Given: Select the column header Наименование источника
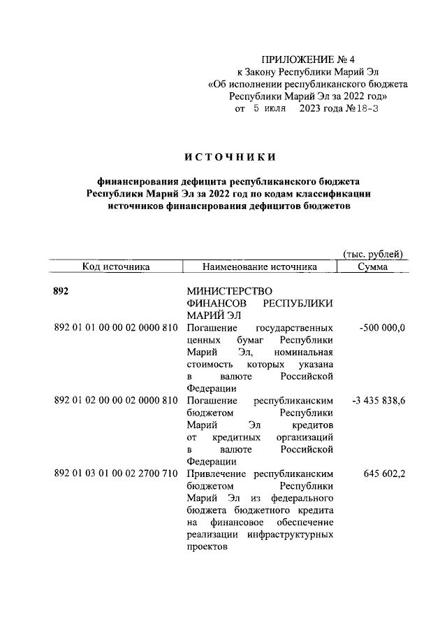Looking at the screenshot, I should click(x=259, y=266).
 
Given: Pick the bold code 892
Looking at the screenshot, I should click(x=63, y=291).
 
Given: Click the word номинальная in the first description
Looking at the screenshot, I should click(x=302, y=352).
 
